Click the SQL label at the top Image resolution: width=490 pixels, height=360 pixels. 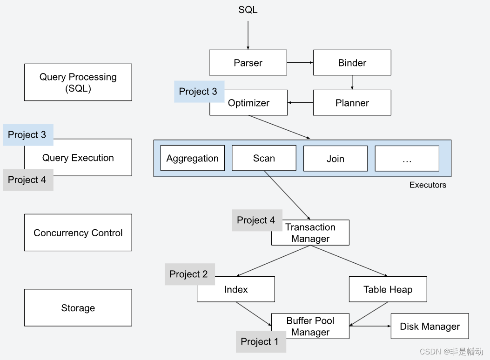[248, 10]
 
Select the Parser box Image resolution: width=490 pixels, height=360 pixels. [248, 63]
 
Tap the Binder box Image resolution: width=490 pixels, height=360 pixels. [352, 63]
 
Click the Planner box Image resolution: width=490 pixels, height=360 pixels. [352, 103]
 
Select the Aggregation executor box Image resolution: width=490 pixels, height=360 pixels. [192, 158]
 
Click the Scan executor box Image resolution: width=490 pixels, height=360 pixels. [264, 158]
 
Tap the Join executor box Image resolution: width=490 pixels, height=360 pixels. [335, 158]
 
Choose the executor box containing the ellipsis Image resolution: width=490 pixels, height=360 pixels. [407, 158]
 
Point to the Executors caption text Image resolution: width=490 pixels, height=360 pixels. [427, 185]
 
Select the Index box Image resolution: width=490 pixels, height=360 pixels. [236, 290]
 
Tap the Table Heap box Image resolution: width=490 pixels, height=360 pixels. [388, 289]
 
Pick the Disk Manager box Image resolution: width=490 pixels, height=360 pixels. [430, 326]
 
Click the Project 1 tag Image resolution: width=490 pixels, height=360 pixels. [260, 342]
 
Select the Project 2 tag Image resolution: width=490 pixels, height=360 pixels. [189, 274]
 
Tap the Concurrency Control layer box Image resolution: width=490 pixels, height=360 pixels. [78, 233]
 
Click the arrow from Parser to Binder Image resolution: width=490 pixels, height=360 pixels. [300, 62]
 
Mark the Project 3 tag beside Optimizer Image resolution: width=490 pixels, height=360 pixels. [199, 91]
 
